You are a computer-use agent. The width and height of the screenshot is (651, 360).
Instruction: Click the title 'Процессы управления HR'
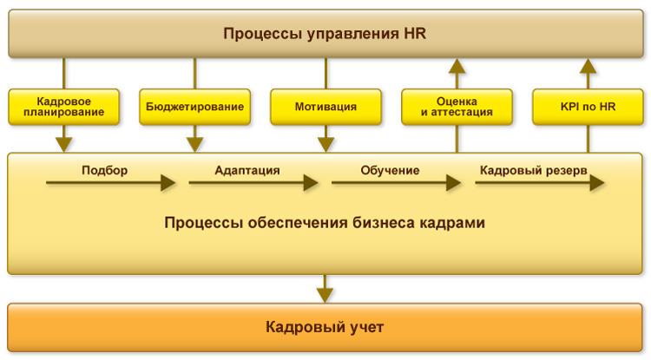[x=325, y=34]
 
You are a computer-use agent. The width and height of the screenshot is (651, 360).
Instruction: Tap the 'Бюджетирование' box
[x=194, y=107]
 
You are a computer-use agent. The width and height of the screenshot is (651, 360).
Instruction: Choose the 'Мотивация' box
[x=325, y=107]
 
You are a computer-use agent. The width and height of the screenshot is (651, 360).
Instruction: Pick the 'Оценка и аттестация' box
[x=457, y=107]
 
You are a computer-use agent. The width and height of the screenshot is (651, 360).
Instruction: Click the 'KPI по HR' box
[x=588, y=107]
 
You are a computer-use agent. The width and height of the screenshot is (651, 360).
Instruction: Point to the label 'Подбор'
[x=104, y=170]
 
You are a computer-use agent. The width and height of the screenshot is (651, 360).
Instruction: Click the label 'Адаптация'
[x=247, y=170]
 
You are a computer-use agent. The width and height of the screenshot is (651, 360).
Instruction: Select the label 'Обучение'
[x=390, y=170]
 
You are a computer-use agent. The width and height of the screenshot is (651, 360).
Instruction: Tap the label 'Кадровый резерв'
[x=533, y=170]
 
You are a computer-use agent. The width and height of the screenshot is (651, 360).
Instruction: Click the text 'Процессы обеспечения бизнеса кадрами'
[x=325, y=223]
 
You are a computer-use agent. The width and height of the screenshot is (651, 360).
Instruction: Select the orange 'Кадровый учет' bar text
[x=325, y=327]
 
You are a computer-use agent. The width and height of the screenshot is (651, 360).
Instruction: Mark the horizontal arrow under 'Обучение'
[x=396, y=183]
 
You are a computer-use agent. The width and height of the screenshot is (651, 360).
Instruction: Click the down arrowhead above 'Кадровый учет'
[x=325, y=294]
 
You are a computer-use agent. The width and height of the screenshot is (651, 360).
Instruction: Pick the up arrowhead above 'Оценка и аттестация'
[x=457, y=66]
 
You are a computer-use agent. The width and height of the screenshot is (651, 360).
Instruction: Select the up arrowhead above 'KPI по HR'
[x=588, y=66]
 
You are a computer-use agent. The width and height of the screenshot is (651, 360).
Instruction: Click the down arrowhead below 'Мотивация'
[x=325, y=143]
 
